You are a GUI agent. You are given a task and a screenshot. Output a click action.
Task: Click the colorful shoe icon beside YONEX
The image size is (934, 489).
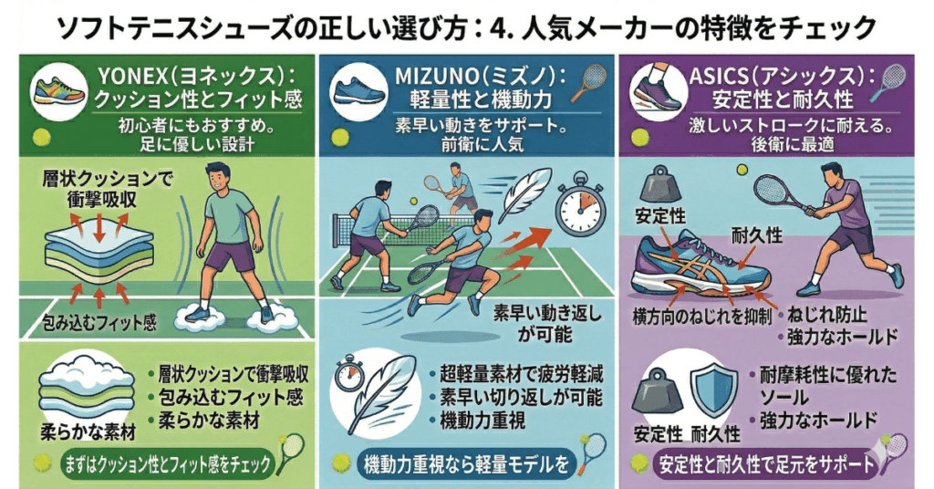[57, 90]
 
